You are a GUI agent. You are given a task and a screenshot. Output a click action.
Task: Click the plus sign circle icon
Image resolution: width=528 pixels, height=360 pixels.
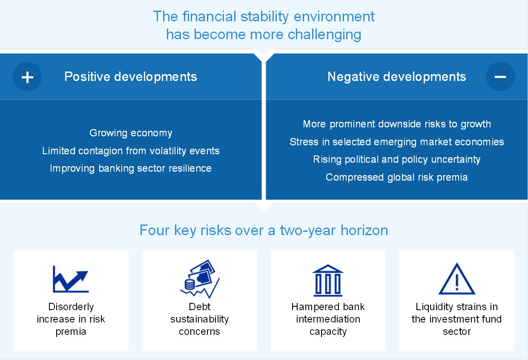[27, 77]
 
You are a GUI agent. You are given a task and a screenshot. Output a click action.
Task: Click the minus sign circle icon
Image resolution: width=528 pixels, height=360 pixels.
[500, 77]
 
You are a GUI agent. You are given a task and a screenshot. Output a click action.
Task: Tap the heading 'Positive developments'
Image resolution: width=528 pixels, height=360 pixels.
[131, 77]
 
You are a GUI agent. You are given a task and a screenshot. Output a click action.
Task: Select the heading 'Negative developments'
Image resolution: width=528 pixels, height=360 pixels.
[397, 77]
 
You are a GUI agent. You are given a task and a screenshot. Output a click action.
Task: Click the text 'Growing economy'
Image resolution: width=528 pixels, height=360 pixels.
[131, 133]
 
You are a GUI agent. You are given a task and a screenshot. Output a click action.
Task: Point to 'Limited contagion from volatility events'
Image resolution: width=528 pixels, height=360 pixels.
[131, 151]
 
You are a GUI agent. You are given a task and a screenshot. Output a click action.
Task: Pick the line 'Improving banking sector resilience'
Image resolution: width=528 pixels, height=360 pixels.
[131, 168]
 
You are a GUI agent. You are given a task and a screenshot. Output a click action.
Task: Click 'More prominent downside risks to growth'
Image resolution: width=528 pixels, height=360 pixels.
[397, 124]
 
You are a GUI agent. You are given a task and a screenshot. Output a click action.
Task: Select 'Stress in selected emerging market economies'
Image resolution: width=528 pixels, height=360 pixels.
[397, 142]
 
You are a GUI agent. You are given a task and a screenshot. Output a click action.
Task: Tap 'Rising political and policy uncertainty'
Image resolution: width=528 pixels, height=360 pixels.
[397, 160]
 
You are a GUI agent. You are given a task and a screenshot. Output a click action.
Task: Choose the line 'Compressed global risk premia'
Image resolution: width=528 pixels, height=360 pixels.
[397, 177]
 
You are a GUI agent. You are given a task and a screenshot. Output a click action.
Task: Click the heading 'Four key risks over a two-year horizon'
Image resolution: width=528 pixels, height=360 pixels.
[264, 230]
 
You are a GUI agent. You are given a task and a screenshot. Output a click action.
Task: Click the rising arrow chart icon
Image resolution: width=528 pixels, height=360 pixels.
[71, 279]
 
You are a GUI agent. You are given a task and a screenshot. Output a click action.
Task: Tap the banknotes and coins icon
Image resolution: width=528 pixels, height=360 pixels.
[200, 279]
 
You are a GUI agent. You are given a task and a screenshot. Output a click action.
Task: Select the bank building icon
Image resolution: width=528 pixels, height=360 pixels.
[328, 280]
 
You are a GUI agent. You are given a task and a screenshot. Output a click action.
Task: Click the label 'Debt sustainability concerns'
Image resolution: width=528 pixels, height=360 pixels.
[199, 319]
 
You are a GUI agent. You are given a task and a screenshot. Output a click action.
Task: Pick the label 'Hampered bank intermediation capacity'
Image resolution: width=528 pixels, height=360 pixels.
[328, 319]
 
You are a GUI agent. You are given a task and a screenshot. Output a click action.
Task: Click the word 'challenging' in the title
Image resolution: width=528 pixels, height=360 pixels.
[324, 35]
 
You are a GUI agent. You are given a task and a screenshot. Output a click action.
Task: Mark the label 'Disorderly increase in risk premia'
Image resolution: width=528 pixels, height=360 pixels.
[71, 319]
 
